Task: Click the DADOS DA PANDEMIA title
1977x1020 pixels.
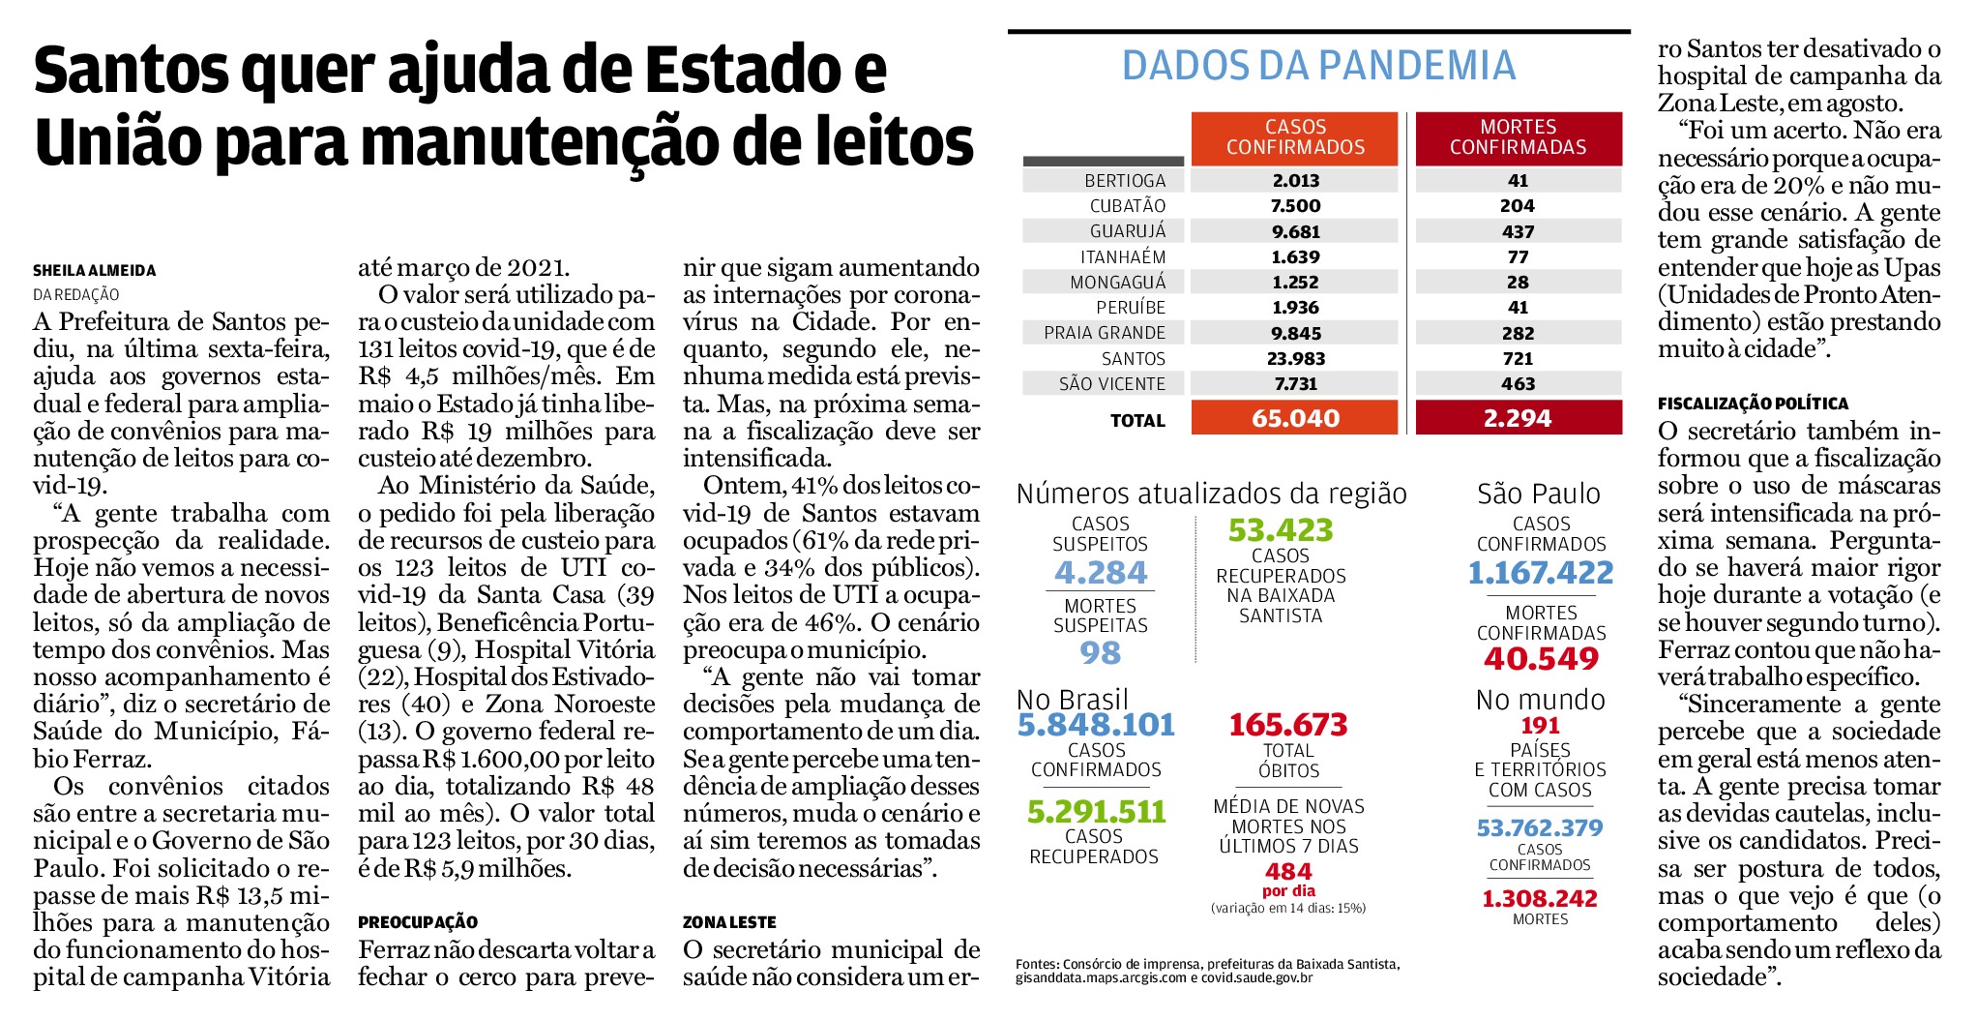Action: tap(1318, 65)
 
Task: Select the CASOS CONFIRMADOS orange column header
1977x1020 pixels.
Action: tap(1295, 137)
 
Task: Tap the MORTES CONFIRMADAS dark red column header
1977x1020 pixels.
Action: tap(1519, 137)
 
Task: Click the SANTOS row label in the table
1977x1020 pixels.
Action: tap(1134, 358)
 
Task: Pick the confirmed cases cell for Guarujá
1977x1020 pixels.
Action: tap(1295, 231)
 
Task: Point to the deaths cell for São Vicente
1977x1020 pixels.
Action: tap(1519, 383)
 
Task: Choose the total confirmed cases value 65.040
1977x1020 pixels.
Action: tap(1295, 418)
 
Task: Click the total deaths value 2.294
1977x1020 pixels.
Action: tap(1519, 418)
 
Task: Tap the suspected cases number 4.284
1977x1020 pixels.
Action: tap(1101, 572)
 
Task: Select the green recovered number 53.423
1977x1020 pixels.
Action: tap(1281, 530)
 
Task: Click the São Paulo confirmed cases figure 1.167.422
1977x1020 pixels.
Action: tap(1541, 573)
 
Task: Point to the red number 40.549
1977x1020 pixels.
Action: tap(1542, 659)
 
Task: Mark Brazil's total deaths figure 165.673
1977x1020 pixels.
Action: tap(1288, 725)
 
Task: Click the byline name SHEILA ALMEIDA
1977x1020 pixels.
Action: tap(95, 271)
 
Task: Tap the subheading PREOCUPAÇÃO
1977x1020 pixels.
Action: tap(418, 922)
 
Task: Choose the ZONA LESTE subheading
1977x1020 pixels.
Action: tap(729, 922)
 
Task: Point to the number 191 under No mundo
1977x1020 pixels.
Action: tap(1541, 726)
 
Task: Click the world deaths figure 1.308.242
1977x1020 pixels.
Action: tap(1540, 899)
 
